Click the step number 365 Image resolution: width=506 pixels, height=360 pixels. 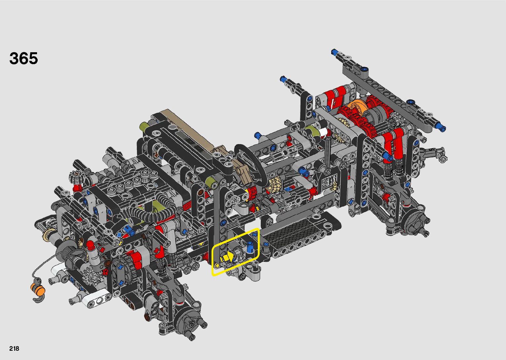pyautogui.click(x=23, y=58)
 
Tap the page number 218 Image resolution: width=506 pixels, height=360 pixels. pyautogui.click(x=14, y=348)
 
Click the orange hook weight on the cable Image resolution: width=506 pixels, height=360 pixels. pyautogui.click(x=38, y=289)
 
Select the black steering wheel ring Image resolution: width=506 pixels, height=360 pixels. pyautogui.click(x=250, y=167)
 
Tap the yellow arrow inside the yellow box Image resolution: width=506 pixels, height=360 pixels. pyautogui.click(x=229, y=256)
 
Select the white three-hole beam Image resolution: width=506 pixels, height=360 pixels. pyautogui.click(x=99, y=300)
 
